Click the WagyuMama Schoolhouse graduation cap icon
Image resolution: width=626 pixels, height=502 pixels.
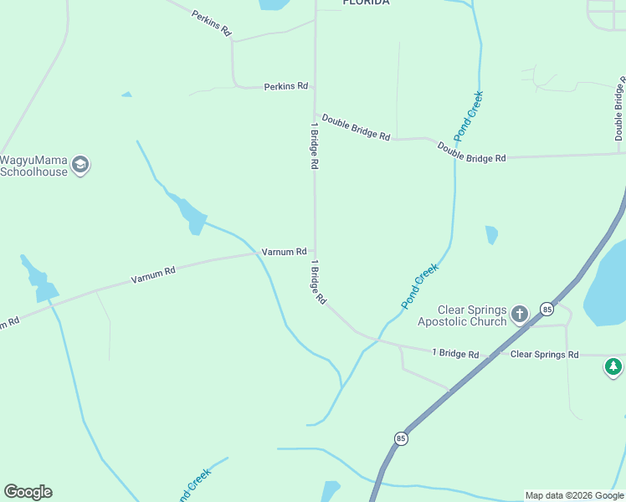80,165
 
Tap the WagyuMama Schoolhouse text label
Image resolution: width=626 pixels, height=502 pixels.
34,166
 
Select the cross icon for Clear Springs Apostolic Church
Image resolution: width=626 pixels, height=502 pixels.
520,315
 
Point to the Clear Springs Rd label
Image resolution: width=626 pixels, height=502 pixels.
544,355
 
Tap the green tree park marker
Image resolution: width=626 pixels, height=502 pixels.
613,366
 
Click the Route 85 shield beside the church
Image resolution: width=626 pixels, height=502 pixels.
546,309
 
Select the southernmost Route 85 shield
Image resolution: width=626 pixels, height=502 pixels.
402,438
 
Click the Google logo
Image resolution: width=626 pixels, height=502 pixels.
28,491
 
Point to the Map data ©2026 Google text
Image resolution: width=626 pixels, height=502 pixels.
574,495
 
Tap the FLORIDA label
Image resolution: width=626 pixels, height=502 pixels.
366,3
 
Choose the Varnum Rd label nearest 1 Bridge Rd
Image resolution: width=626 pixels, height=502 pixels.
284,251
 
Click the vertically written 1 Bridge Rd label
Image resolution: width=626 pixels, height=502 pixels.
315,148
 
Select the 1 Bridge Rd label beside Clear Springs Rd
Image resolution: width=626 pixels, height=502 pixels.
455,354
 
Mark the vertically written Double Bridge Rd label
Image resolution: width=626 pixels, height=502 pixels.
620,110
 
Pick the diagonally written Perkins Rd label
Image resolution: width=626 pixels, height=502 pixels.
211,23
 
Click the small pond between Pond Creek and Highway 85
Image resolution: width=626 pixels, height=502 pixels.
491,234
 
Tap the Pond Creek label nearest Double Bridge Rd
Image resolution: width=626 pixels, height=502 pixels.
469,115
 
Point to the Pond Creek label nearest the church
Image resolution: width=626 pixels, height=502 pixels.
420,285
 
